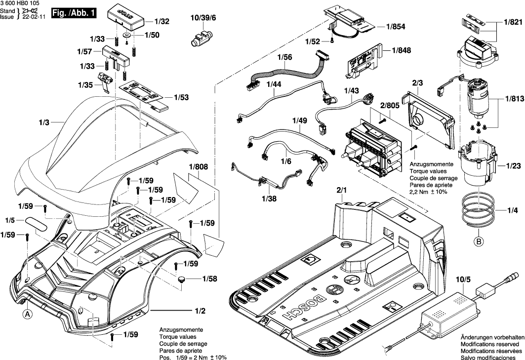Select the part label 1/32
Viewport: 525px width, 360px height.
(162, 22)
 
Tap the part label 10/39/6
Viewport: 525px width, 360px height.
(203, 18)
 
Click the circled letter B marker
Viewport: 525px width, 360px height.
(478, 241)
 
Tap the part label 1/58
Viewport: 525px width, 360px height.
(209, 279)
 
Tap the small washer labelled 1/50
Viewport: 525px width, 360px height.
(127, 35)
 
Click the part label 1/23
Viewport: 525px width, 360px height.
(513, 166)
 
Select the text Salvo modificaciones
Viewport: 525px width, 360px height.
(489, 357)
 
